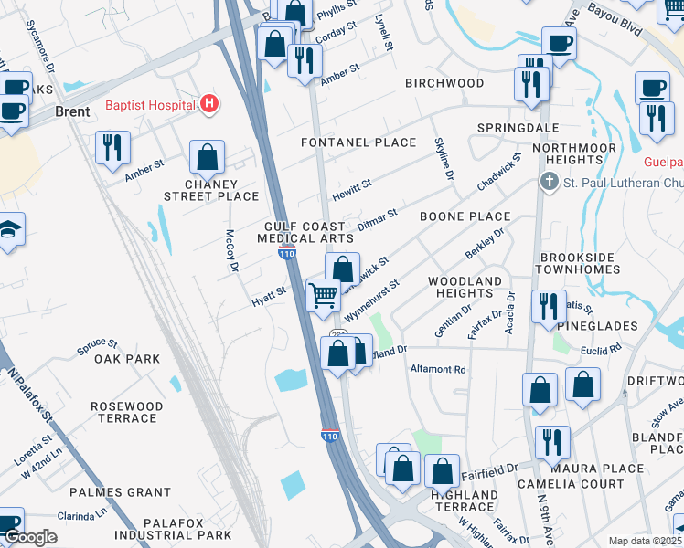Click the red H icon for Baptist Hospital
[209, 105]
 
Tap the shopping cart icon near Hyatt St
[323, 296]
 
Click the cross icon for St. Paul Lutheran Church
[550, 181]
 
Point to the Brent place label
[72, 111]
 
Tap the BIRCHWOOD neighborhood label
[444, 83]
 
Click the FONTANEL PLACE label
[358, 142]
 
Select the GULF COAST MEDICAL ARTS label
[305, 232]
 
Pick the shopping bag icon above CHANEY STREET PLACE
[208, 157]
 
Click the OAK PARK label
[127, 359]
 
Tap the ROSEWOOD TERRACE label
[127, 412]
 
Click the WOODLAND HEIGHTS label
[465, 287]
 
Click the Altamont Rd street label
[439, 370]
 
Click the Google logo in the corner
[31, 537]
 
